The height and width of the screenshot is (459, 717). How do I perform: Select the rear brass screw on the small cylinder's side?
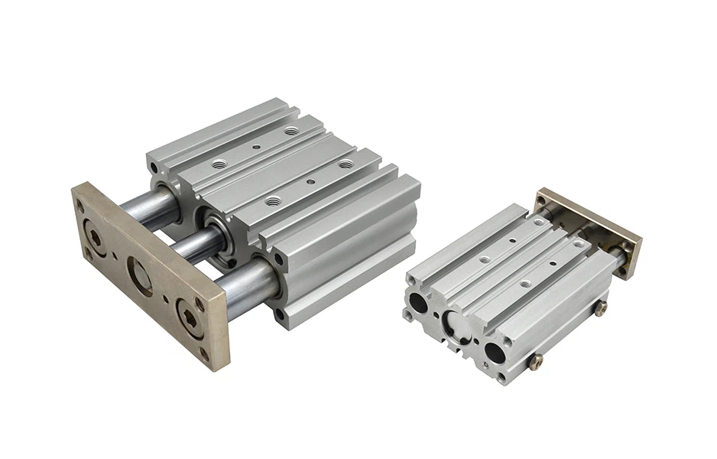pos(601,307)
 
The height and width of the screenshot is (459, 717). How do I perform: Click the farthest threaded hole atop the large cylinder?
pos(290,132)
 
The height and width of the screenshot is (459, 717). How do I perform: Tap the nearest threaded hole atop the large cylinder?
pos(273,200)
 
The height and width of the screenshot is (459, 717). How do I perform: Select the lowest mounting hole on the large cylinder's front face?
pos(281,314)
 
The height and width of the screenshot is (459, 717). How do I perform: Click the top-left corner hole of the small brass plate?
pos(542,200)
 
